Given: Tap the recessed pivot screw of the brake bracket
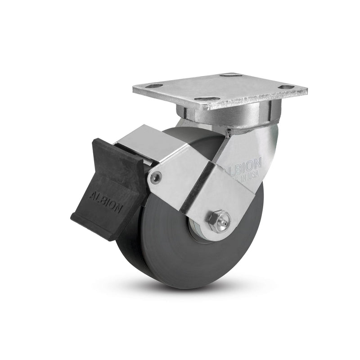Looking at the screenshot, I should tap(156, 178).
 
